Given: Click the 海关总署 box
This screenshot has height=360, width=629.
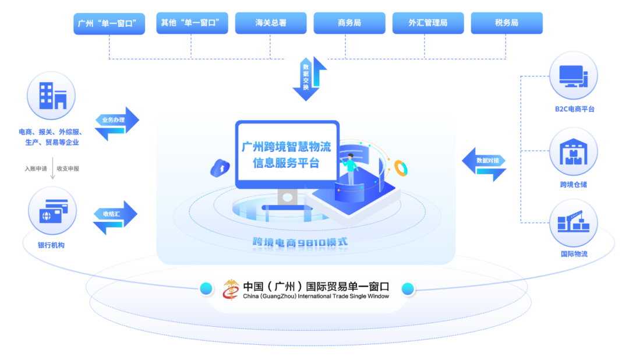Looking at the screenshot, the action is point(271,23).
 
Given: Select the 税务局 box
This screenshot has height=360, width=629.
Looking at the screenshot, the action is point(507,23).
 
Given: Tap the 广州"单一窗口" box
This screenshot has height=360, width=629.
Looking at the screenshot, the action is point(109,24).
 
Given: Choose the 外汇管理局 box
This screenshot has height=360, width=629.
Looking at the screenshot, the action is point(428,23).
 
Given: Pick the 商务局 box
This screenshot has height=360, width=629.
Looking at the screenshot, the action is point(349,23).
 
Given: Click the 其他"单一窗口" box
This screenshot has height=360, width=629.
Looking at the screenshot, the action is point(192,23).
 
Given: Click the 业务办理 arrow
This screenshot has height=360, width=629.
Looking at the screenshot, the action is point(116,123).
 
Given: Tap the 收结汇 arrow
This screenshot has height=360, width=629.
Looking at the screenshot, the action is point(115,217).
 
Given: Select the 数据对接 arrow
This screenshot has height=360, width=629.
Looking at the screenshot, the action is point(484,164).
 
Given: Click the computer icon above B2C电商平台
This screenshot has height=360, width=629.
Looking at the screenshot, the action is point(573,76).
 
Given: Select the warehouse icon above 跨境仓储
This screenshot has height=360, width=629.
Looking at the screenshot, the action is point(573,151).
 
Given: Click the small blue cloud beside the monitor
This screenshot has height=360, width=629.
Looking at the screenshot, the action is point(220,168).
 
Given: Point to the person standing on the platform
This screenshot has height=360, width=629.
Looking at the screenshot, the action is point(350,169).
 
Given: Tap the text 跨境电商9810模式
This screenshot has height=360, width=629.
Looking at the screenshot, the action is point(300,242).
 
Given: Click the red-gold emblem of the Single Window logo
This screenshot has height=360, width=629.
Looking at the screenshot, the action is point(231,290).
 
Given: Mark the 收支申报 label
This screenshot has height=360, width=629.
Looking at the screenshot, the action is point(68,168).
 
